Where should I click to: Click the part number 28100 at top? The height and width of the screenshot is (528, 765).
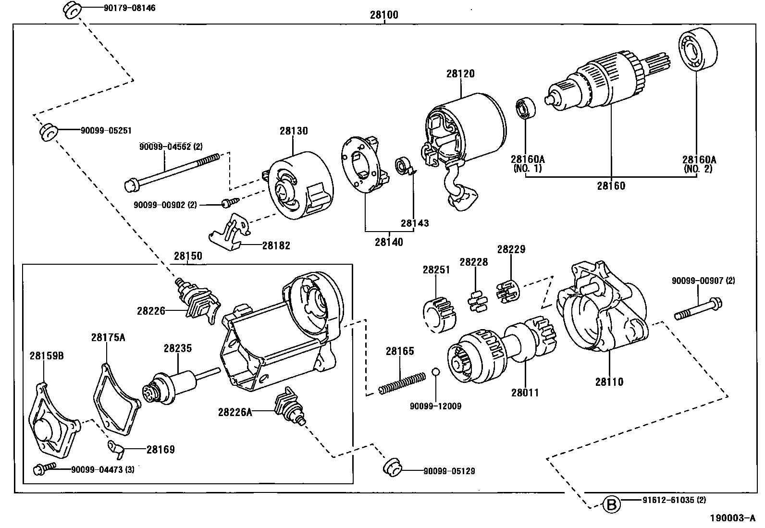(x=384, y=15)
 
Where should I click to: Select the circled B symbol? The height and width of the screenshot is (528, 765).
(x=611, y=505)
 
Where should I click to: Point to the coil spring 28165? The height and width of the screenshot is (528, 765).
(x=402, y=383)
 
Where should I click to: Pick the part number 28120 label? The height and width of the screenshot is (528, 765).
(x=460, y=74)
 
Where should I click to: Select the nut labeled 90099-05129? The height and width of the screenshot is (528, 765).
(x=392, y=467)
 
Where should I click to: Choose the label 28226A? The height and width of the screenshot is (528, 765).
(x=234, y=412)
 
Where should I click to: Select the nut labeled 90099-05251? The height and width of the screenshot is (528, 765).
(x=49, y=132)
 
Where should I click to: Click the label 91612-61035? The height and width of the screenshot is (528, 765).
(x=673, y=500)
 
